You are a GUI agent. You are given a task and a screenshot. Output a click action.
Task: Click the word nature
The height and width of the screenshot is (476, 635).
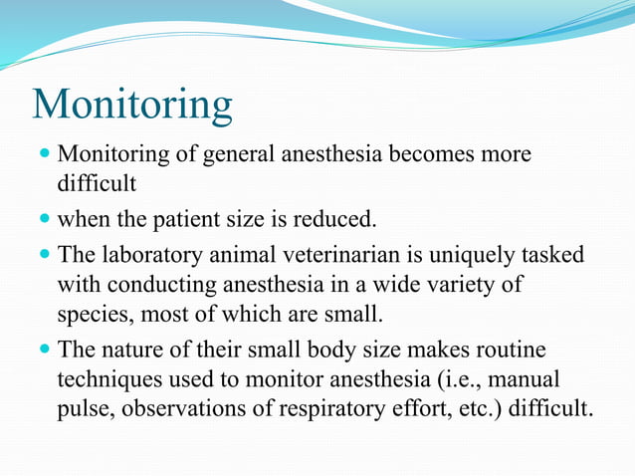[x=134, y=351]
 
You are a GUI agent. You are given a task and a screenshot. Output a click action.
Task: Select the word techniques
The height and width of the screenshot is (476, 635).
[x=105, y=380]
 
